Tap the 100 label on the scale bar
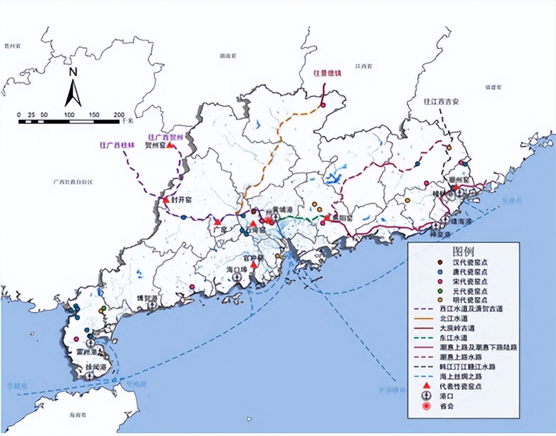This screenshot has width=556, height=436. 69,115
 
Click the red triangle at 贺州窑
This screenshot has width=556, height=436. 170,145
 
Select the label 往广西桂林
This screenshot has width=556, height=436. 117,145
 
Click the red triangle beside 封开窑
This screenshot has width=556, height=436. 165,199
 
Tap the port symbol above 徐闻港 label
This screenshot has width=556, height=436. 90,375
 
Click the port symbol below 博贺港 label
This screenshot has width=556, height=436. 151,305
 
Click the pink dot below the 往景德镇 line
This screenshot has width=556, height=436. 322,105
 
